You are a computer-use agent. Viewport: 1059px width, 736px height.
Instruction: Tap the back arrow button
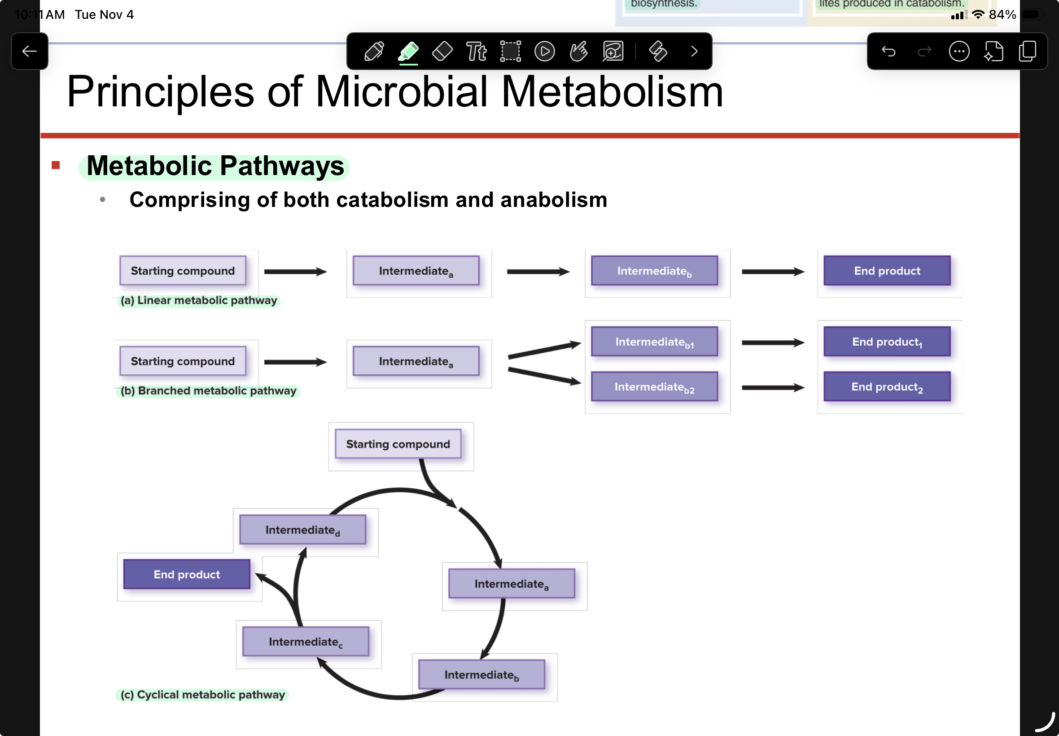click(x=30, y=51)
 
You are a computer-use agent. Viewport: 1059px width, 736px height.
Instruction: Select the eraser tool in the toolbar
click(x=442, y=51)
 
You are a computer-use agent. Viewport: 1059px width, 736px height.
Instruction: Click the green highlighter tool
click(x=408, y=52)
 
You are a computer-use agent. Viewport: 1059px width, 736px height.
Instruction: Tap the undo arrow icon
click(x=888, y=51)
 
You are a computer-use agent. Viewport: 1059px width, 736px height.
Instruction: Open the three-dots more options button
click(x=959, y=51)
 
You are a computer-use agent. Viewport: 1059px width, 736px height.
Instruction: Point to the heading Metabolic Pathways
click(x=215, y=166)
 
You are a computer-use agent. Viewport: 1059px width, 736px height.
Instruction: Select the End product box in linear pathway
click(x=887, y=271)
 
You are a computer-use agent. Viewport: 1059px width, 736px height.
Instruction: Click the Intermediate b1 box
click(x=655, y=342)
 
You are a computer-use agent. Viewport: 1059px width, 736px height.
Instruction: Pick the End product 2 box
click(x=887, y=386)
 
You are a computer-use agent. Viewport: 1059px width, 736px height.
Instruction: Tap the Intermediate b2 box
click(x=655, y=386)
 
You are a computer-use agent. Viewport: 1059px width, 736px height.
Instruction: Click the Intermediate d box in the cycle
click(x=302, y=530)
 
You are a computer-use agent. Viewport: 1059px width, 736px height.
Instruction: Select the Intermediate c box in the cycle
click(x=306, y=641)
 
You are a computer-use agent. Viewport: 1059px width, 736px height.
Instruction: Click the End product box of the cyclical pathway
click(x=187, y=574)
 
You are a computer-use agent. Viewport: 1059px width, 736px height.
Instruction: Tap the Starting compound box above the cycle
click(x=398, y=444)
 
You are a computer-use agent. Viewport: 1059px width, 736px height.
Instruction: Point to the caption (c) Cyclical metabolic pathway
click(x=202, y=695)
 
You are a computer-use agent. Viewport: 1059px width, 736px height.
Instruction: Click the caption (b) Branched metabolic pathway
click(x=208, y=390)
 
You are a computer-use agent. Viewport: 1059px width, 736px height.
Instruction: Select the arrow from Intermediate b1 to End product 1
click(x=773, y=342)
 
